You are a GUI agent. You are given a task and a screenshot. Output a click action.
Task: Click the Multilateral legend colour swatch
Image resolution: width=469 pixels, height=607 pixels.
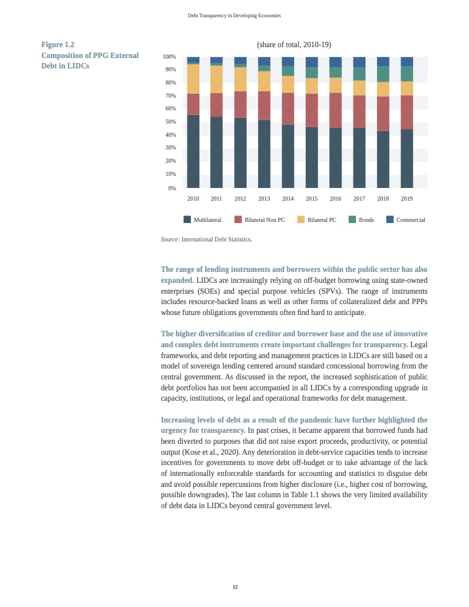pyautogui.click(x=187, y=220)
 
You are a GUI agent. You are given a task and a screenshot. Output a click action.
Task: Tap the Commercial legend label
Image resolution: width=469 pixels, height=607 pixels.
pyautogui.click(x=410, y=220)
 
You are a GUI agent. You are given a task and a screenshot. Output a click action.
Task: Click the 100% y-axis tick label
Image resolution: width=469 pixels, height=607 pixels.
pyautogui.click(x=169, y=57)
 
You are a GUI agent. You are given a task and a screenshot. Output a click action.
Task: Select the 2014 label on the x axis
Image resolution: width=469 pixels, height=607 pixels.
pyautogui.click(x=288, y=199)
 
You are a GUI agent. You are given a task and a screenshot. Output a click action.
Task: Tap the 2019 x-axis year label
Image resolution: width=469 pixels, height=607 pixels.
pyautogui.click(x=406, y=199)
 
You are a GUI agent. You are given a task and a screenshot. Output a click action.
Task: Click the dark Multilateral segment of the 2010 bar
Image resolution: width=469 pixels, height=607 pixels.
pyautogui.click(x=193, y=151)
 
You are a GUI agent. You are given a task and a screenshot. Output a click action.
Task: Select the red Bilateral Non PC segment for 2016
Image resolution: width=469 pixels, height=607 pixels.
pyautogui.click(x=335, y=110)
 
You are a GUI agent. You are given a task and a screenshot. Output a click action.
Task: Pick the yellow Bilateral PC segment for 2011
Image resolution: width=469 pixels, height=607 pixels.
pyautogui.click(x=217, y=79)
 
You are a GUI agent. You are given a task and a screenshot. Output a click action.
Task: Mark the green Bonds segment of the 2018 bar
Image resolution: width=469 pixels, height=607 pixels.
pyautogui.click(x=383, y=74)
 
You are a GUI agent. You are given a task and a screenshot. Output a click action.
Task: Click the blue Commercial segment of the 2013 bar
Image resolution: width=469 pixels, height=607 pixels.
pyautogui.click(x=264, y=61)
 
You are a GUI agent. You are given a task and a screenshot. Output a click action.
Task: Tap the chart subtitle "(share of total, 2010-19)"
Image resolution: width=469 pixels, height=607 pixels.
pyautogui.click(x=294, y=45)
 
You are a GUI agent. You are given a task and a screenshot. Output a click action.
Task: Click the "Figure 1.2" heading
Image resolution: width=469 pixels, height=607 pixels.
pyautogui.click(x=57, y=44)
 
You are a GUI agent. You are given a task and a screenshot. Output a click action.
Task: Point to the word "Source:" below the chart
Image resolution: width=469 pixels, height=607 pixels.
pyautogui.click(x=170, y=239)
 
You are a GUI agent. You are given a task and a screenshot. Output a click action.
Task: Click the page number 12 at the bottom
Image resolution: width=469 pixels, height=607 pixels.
pyautogui.click(x=234, y=587)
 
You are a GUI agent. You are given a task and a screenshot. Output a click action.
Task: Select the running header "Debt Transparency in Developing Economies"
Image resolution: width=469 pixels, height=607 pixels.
pyautogui.click(x=234, y=16)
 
